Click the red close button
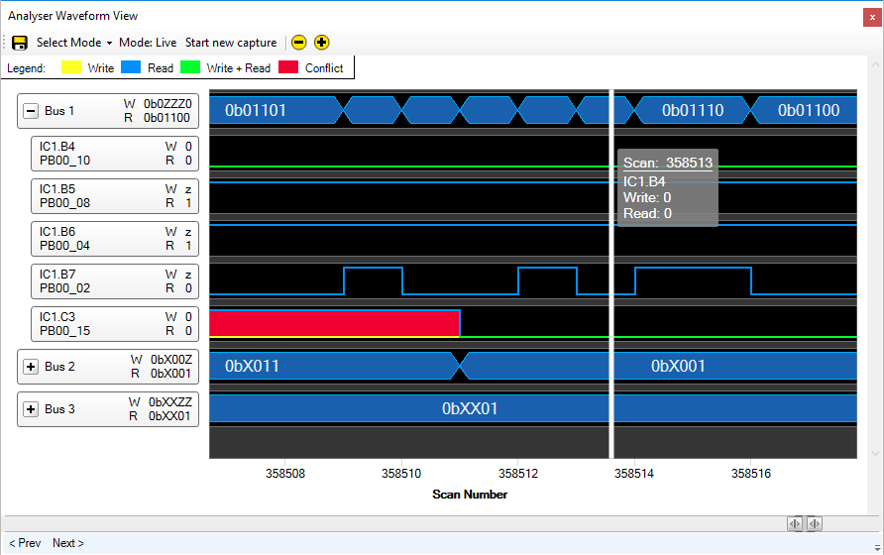click(872, 17)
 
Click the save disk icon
click(20, 43)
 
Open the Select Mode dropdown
click(74, 43)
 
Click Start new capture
click(231, 43)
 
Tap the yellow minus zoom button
click(299, 43)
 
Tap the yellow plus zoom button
click(321, 43)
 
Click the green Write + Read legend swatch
click(190, 67)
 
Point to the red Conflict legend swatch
click(288, 67)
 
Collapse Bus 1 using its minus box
click(31, 111)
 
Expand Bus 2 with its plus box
click(31, 367)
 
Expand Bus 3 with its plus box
click(31, 409)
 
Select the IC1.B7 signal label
click(56, 275)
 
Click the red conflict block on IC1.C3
click(334, 323)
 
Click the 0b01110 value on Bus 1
click(693, 110)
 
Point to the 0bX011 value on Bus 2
click(252, 366)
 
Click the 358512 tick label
click(518, 474)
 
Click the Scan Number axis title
click(470, 495)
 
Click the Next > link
click(68, 543)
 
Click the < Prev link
click(26, 543)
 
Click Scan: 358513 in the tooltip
click(668, 163)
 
